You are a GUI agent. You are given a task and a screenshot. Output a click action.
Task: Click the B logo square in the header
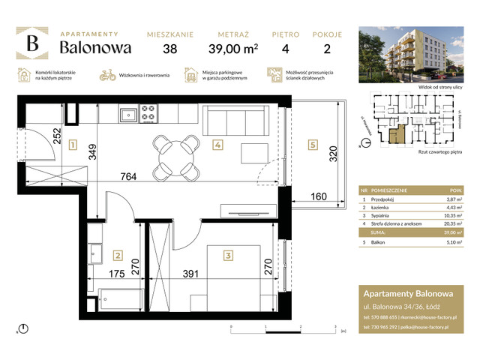point(32,43)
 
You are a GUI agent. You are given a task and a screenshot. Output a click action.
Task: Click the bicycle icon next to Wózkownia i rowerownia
point(107,75)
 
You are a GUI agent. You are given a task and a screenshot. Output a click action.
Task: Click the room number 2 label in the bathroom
point(117,254)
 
